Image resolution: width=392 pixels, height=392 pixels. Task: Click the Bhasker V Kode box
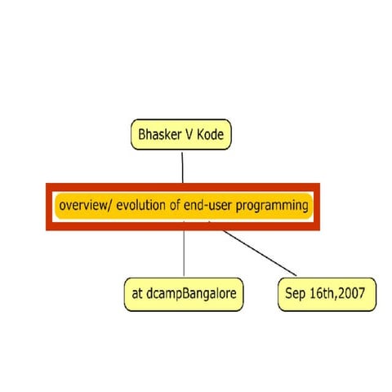(x=182, y=135)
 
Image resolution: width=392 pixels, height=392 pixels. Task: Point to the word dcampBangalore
(x=193, y=295)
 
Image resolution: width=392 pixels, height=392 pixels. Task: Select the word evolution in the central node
(x=140, y=205)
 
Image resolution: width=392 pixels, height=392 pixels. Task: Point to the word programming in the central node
(x=273, y=205)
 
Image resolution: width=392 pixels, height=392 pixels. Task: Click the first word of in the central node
(x=174, y=205)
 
